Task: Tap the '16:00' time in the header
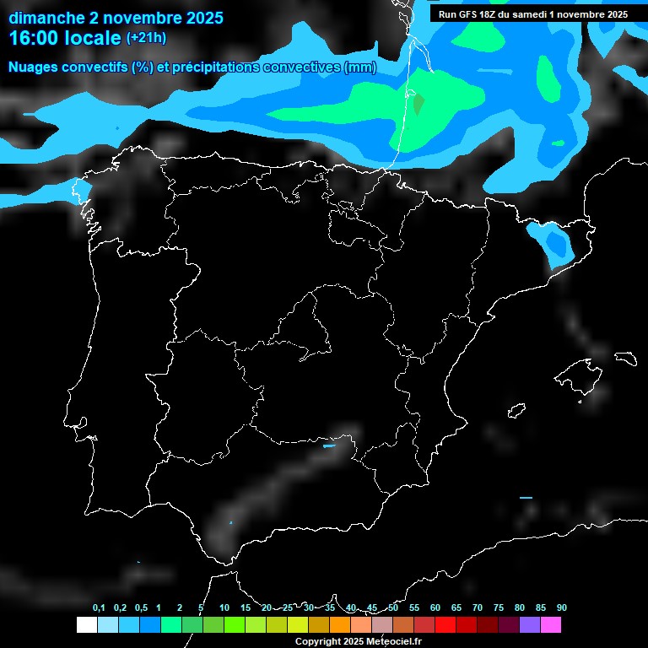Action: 35,38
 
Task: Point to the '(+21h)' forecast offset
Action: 146,37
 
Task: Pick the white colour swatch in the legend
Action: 86,625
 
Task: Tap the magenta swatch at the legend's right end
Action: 551,625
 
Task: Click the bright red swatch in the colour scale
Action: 445,625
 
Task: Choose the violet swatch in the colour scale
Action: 530,625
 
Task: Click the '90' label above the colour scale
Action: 562,608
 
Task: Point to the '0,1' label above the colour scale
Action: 99,608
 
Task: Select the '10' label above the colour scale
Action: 224,608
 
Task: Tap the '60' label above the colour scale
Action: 435,608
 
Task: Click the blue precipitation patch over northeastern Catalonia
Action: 554,242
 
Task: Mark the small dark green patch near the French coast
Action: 418,105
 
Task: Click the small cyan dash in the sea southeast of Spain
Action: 526,498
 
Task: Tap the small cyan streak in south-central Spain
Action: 330,446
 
